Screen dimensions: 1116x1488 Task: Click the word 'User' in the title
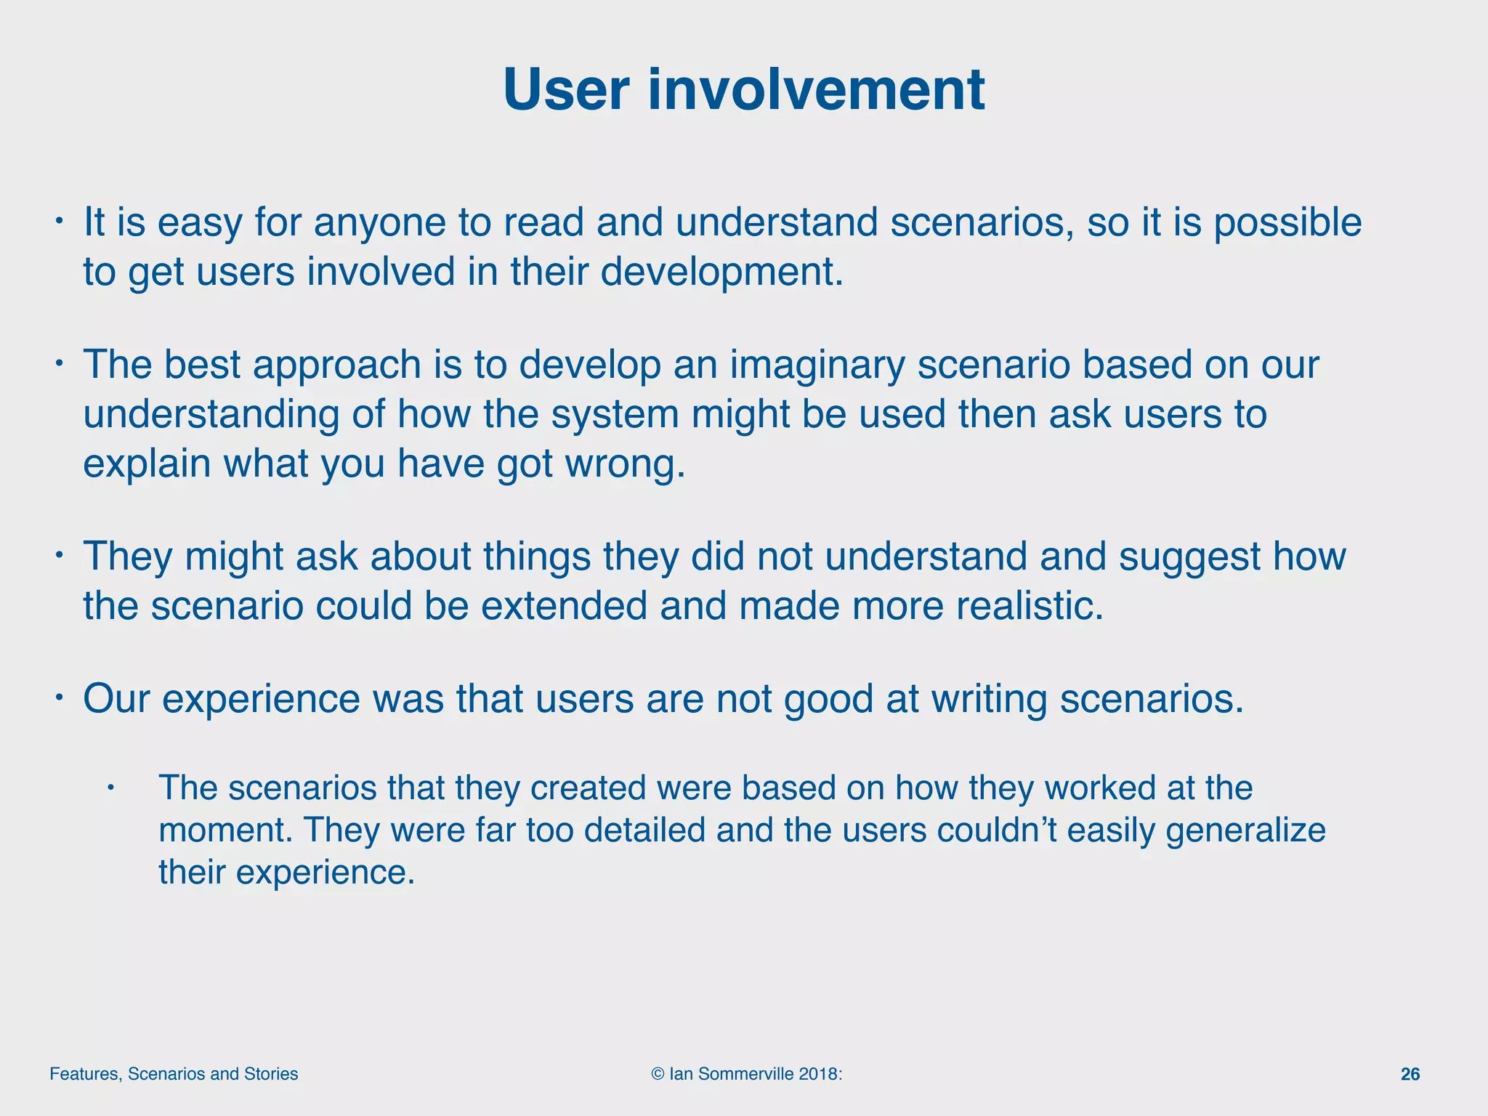[565, 90]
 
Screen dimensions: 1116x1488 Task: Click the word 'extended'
[564, 607]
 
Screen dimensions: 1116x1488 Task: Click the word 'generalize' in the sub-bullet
[1245, 830]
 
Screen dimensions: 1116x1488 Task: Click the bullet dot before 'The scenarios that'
[111, 788]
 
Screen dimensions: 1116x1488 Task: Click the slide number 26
[1410, 1074]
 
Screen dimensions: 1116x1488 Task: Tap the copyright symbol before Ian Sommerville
[658, 1074]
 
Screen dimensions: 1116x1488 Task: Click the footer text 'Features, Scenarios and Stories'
[174, 1074]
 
